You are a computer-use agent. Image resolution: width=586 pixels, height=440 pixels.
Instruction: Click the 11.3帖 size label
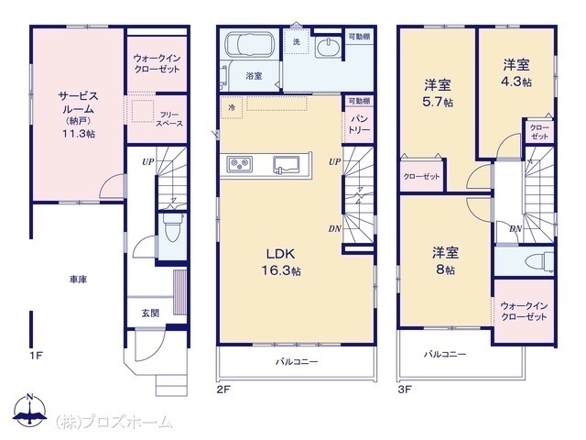[x=78, y=134]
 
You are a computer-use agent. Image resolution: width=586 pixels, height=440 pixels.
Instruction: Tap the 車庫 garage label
[x=78, y=280]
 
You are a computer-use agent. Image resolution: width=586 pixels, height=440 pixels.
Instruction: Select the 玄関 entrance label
[x=150, y=313]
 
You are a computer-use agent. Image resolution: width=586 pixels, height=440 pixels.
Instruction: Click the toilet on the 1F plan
[x=173, y=228]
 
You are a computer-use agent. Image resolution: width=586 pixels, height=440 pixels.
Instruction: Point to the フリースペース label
[x=169, y=119]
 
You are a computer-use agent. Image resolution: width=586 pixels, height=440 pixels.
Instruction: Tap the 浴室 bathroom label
[x=254, y=76]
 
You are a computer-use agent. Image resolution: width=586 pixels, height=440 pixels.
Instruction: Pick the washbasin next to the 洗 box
[x=328, y=48]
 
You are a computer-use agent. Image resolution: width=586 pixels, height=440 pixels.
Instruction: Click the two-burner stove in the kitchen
[x=240, y=164]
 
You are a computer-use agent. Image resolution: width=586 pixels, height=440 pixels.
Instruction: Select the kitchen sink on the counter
[x=286, y=165]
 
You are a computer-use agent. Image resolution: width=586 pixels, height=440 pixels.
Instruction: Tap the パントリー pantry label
[x=359, y=125]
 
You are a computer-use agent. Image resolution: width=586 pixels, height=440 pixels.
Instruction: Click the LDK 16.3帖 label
[x=281, y=262]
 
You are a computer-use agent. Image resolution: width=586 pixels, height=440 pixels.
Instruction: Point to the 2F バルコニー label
[x=297, y=362]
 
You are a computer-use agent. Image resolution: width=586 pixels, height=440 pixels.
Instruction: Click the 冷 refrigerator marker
[x=232, y=108]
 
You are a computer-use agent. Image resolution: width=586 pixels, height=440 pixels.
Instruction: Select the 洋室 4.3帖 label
[x=516, y=73]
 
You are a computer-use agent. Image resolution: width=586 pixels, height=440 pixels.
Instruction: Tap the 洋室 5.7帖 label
[x=438, y=93]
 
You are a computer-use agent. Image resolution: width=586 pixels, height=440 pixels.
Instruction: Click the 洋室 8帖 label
[x=446, y=260]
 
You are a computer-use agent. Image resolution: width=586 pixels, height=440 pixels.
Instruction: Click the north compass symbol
[x=29, y=410]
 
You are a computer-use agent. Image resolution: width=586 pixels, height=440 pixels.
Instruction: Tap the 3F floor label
[x=405, y=390]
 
